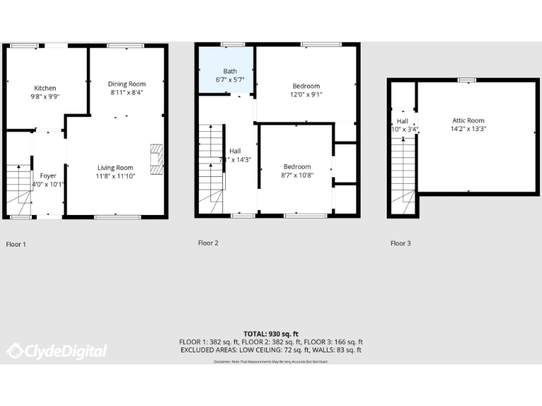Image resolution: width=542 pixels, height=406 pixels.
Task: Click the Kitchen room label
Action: click(x=45, y=88)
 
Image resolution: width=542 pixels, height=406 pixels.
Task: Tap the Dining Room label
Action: click(x=127, y=84)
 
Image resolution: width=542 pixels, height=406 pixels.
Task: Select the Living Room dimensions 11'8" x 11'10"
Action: click(x=116, y=176)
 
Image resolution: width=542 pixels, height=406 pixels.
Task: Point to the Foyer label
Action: click(x=48, y=176)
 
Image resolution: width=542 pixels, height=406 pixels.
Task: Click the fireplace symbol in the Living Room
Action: click(x=157, y=159)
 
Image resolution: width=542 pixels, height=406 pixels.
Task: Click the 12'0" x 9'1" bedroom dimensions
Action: click(x=306, y=94)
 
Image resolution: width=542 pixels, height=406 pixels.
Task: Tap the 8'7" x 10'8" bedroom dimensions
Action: click(x=297, y=176)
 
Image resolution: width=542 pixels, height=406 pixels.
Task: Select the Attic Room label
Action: click(x=468, y=121)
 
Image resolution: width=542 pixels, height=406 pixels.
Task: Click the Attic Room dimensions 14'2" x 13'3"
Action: click(x=468, y=129)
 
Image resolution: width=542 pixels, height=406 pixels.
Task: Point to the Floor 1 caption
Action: click(x=16, y=245)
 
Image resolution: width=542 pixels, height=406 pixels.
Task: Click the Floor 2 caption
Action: click(x=208, y=243)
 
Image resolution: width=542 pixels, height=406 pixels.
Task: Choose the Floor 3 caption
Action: click(x=400, y=243)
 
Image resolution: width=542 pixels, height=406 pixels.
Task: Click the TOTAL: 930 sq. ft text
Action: click(x=271, y=333)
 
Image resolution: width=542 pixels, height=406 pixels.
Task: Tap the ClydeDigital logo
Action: click(x=56, y=350)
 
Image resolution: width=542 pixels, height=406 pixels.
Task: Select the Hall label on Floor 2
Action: click(x=235, y=151)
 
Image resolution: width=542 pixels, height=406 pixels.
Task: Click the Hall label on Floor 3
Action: click(x=402, y=121)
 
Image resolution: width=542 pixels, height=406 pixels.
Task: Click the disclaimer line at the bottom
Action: click(x=271, y=362)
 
